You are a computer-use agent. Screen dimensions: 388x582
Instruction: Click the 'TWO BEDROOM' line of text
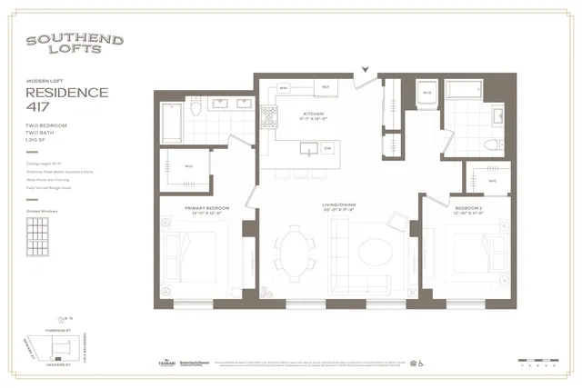(x=45, y=125)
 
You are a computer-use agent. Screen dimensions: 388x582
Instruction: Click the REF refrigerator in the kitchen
(x=325, y=87)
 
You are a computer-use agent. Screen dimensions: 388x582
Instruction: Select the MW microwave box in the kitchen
(x=283, y=88)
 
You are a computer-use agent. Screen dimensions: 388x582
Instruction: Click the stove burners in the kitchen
(x=269, y=114)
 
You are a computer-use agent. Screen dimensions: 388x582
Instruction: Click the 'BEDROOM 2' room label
(x=472, y=211)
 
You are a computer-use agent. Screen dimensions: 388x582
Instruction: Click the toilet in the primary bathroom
(x=196, y=107)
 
